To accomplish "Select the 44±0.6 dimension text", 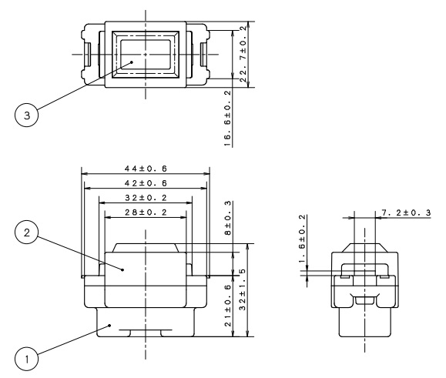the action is point(146,169).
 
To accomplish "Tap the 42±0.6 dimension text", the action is point(146,183).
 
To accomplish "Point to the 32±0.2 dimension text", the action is point(146,198).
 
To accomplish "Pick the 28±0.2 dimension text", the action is point(146,212).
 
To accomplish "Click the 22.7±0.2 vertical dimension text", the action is point(243,54).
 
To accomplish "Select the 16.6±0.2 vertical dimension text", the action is point(228,119).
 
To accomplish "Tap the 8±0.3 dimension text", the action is point(228,218).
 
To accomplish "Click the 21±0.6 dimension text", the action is point(228,306).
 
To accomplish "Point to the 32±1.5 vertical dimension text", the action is point(243,289).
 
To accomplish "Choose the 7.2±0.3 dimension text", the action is point(406,212).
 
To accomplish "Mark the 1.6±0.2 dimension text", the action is point(302,239).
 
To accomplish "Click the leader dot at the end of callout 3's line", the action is point(132,62).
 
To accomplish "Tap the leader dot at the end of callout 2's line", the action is point(122,269).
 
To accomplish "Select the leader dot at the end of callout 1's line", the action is point(110,326).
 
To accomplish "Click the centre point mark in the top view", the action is point(146,55).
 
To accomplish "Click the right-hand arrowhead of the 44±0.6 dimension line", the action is point(206,173).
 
